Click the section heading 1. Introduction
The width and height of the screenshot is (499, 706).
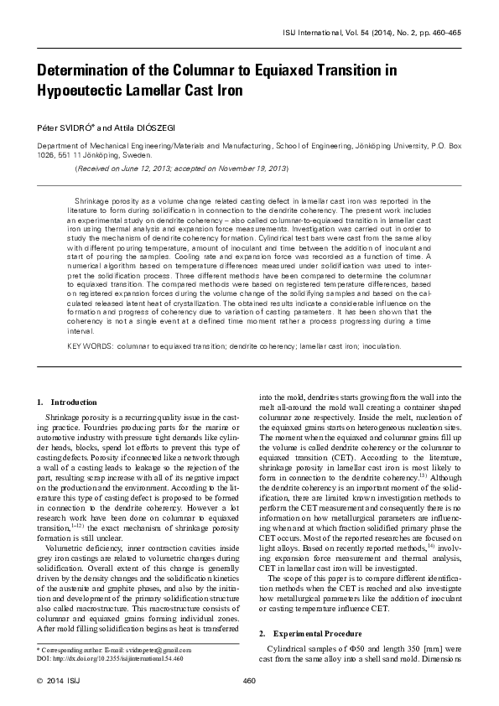click(68, 403)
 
